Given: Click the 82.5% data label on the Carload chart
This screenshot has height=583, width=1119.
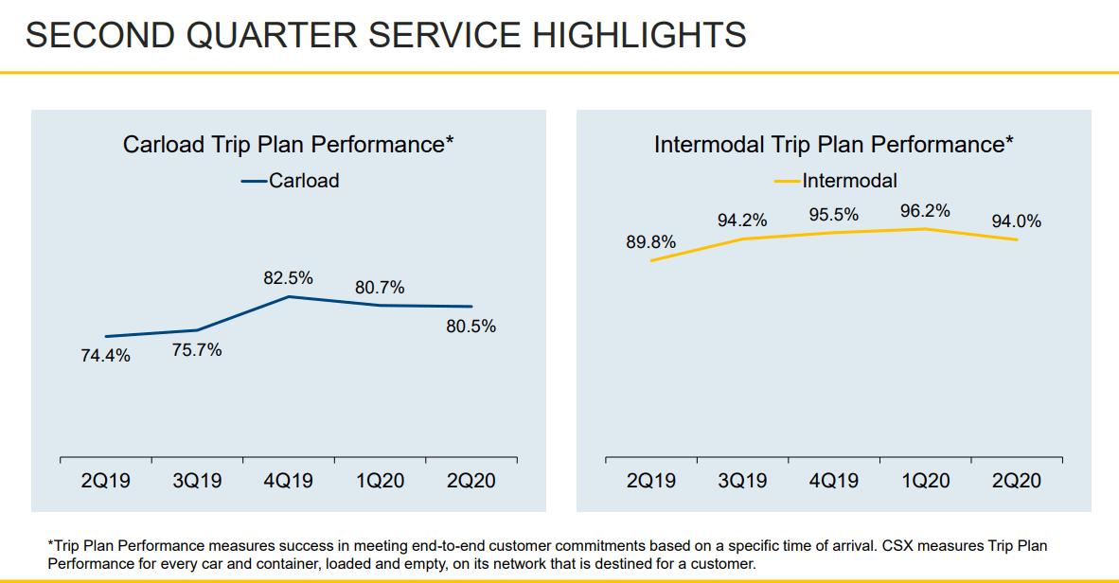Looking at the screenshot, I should click(289, 278).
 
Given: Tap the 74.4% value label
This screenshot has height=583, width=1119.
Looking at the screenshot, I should click(105, 356).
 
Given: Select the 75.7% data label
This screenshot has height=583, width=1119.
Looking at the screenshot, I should click(197, 350).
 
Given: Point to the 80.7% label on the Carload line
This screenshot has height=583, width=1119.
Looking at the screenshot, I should click(380, 287).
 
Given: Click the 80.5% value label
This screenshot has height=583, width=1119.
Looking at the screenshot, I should click(471, 327).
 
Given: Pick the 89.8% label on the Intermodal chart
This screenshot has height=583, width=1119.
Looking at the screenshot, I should click(651, 242).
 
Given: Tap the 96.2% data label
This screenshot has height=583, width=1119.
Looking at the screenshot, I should click(925, 211).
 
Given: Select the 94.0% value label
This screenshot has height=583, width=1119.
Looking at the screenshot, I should click(1017, 221).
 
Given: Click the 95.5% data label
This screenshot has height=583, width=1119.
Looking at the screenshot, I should click(834, 215).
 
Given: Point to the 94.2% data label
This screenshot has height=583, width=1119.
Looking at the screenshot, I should click(742, 221).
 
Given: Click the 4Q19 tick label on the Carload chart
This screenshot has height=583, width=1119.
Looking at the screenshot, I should click(289, 481).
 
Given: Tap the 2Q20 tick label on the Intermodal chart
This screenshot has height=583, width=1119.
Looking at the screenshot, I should click(1017, 481).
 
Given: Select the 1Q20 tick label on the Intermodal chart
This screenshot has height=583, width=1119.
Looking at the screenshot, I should click(925, 481).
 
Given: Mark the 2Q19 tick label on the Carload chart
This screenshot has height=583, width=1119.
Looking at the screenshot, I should click(105, 481).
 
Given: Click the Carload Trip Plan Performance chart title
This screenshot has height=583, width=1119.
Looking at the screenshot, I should click(289, 145).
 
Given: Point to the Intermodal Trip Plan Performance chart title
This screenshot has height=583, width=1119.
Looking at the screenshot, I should click(834, 145).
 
